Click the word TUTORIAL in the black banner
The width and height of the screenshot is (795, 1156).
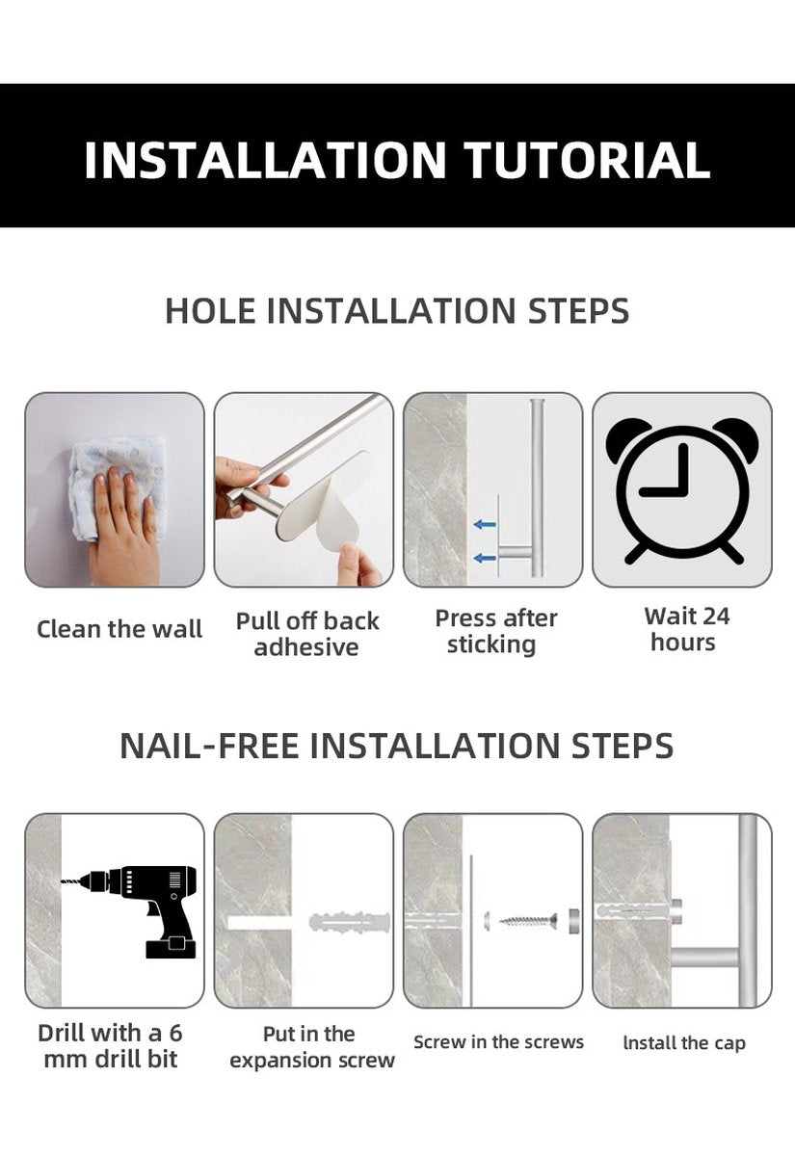point(587,160)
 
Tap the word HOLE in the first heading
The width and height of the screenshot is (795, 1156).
point(210,310)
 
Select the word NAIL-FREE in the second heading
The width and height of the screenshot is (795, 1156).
point(208,746)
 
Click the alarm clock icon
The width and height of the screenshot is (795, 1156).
point(682,490)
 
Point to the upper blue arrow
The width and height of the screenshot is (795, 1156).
point(485,525)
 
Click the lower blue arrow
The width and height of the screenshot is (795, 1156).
point(485,558)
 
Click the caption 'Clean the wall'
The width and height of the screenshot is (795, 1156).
point(119,629)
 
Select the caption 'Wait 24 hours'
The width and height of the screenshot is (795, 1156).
point(685,629)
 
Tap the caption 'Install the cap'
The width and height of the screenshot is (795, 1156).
point(684,1043)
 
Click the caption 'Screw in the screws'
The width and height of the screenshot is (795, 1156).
point(499,1042)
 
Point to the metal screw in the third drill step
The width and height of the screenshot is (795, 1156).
point(528,919)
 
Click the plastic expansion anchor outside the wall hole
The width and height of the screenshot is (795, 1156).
point(350,921)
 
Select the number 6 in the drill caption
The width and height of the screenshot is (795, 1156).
point(175,1033)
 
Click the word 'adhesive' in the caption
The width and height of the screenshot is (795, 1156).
point(306,646)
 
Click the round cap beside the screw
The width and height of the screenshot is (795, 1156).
point(573,920)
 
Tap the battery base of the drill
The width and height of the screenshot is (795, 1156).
point(171,947)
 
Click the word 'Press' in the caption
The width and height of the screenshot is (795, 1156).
point(467,617)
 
